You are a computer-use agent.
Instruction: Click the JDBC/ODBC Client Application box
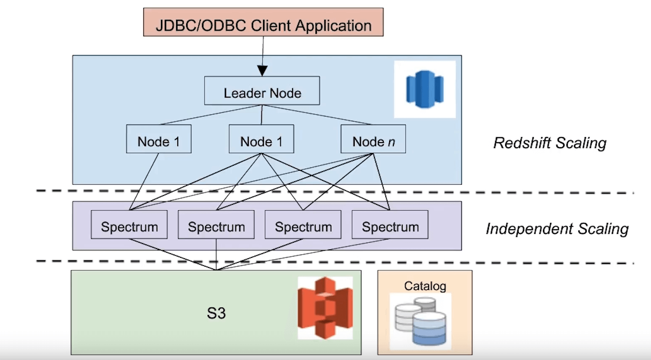(x=263, y=22)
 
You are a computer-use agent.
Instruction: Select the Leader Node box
(x=262, y=91)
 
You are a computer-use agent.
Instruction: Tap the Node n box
(x=373, y=139)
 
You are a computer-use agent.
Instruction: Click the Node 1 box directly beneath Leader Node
(x=261, y=139)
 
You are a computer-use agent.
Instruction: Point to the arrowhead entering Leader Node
(x=263, y=71)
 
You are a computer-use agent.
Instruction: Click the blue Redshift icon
(x=424, y=89)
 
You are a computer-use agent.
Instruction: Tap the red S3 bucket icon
(x=325, y=308)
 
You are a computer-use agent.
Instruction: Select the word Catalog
(x=425, y=286)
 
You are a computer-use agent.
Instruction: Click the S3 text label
(x=216, y=313)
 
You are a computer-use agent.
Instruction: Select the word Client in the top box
(x=271, y=26)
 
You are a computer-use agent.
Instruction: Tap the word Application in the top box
(x=333, y=26)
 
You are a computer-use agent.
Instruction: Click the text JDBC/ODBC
(x=200, y=26)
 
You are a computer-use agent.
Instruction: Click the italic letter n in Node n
(x=391, y=142)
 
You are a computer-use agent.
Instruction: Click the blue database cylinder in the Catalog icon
(x=429, y=328)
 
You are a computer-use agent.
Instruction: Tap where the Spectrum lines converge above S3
(x=216, y=270)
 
